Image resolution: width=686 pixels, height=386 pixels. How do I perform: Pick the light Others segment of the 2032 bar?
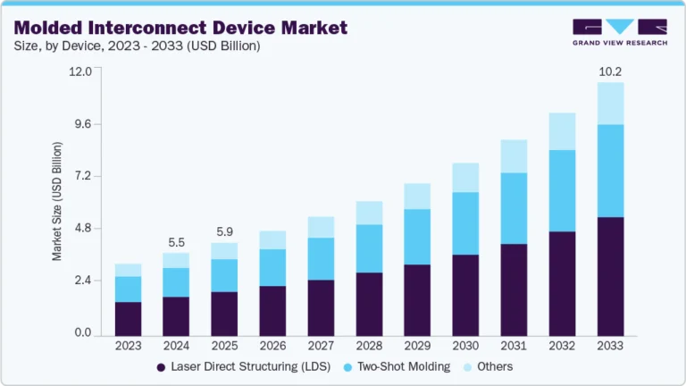coord(563,131)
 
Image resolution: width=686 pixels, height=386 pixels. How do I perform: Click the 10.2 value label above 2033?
coord(610,70)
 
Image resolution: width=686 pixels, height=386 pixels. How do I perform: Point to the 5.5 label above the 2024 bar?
coord(176,242)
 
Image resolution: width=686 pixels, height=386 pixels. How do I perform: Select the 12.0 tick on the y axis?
coord(81,71)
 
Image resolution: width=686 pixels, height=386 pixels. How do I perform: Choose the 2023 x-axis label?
coord(129,346)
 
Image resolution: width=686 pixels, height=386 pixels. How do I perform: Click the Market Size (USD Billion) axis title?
coord(57,201)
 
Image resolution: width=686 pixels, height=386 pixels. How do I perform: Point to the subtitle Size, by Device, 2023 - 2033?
coord(135,46)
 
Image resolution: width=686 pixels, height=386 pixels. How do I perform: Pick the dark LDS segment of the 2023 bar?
coord(129,318)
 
